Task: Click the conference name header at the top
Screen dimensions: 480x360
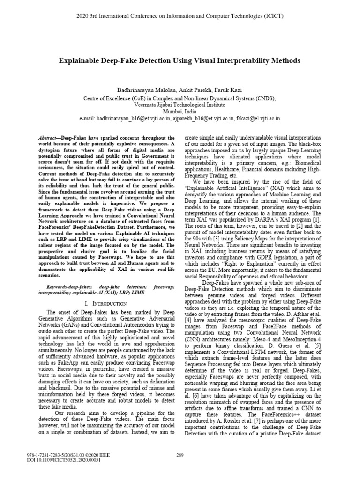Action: click(x=180, y=16)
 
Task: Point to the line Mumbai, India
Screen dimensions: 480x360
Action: click(x=180, y=112)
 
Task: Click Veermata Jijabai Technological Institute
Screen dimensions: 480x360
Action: click(x=180, y=105)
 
